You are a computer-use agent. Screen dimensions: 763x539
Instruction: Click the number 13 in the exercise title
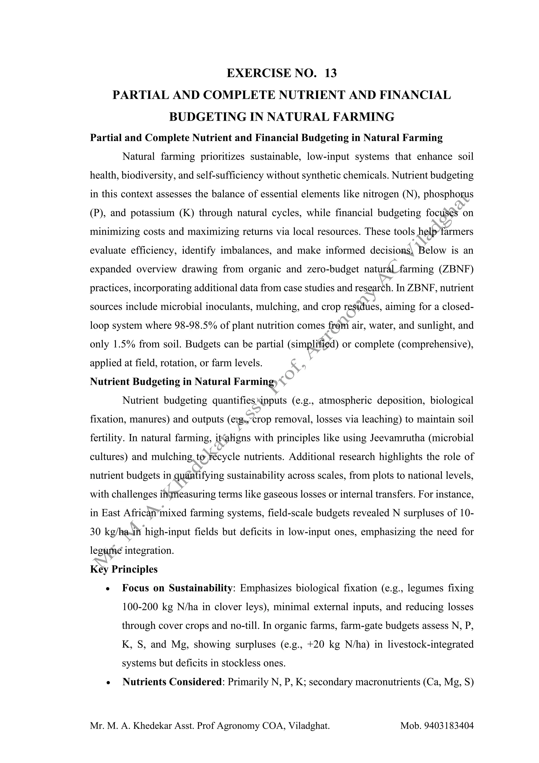coord(331,73)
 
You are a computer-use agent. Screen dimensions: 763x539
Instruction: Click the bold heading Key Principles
coord(124,569)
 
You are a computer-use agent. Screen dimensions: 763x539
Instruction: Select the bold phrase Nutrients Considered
coord(172,682)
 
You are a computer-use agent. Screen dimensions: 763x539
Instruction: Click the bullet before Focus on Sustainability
coord(107,589)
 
